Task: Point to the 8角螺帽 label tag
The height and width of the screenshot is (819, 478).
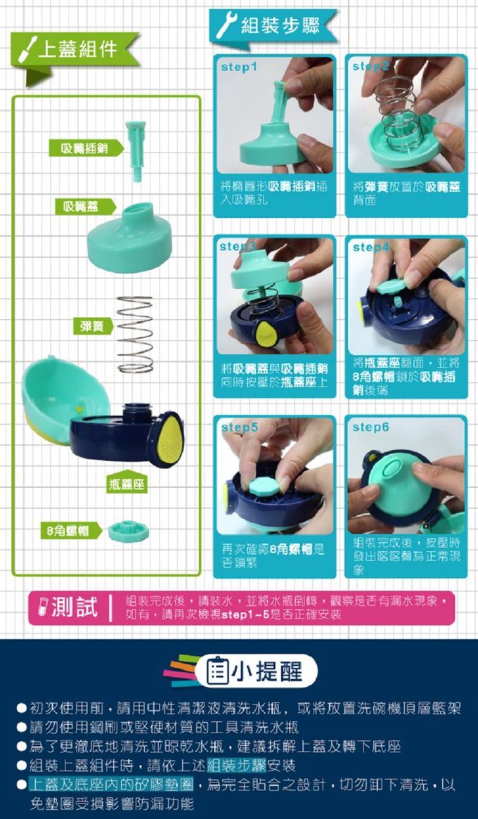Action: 68,531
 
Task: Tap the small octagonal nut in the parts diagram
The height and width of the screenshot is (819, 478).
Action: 127,530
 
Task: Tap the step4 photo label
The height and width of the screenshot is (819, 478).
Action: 370,247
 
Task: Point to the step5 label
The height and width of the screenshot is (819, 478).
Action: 239,427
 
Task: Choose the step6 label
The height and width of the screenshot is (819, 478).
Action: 370,427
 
